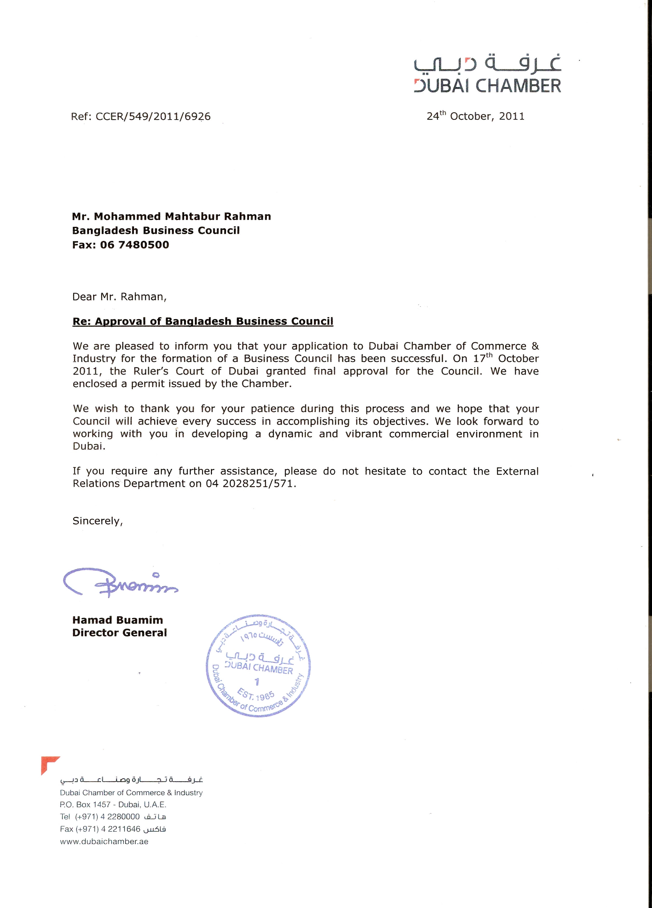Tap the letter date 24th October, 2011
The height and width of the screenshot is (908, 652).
(475, 116)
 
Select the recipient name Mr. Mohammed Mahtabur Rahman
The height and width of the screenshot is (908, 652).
(171, 216)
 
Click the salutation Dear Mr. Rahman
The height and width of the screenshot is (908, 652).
(119, 297)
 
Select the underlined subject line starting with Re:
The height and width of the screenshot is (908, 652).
(203, 321)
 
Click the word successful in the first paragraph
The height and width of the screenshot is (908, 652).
(419, 358)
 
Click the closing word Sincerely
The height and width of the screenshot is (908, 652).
(97, 521)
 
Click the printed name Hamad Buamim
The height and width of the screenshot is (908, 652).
(118, 620)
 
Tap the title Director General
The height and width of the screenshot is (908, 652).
(119, 633)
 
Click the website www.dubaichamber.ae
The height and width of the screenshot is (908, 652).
(104, 841)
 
